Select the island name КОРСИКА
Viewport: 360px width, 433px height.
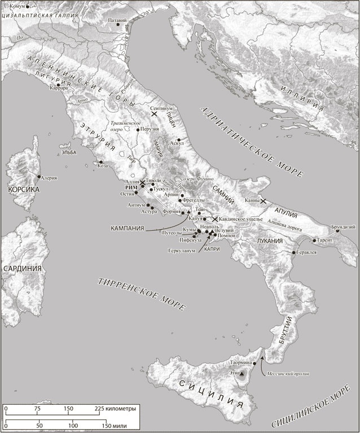23,190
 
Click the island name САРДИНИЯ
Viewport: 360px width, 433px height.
22,268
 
